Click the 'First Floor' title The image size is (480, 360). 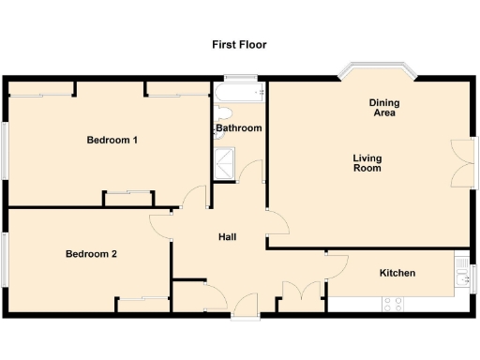coord(240,44)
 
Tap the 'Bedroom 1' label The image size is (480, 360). coord(112,141)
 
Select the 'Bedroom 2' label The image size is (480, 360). coord(91,254)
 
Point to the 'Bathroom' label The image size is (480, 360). coord(239,128)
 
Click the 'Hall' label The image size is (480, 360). coord(227,237)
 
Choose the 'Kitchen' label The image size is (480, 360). coord(397,273)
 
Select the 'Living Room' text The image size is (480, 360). coord(367,163)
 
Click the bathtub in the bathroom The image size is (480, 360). coord(239,95)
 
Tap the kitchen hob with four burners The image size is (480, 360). coord(393,304)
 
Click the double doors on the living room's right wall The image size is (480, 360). coord(461,165)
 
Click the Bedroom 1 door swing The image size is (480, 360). coord(196,197)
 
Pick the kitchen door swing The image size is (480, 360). coord(333,263)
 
